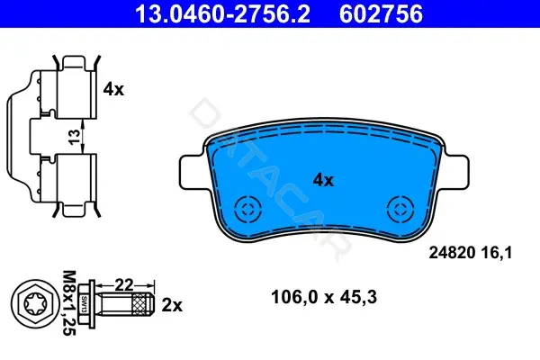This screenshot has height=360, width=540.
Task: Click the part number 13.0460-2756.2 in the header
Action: pos(222,13)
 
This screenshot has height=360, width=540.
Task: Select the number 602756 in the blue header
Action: pos(381,13)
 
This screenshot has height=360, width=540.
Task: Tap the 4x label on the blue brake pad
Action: pos(323,180)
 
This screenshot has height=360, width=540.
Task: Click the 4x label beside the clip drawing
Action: pos(113,89)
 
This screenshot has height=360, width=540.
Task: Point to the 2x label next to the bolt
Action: pos(172,305)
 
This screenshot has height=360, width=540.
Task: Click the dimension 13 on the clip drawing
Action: pos(74,137)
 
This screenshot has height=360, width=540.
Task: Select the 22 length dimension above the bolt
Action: pos(124,285)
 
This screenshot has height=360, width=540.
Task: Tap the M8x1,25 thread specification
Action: pos(69,302)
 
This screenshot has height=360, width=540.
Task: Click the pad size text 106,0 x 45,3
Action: pos(324,297)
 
